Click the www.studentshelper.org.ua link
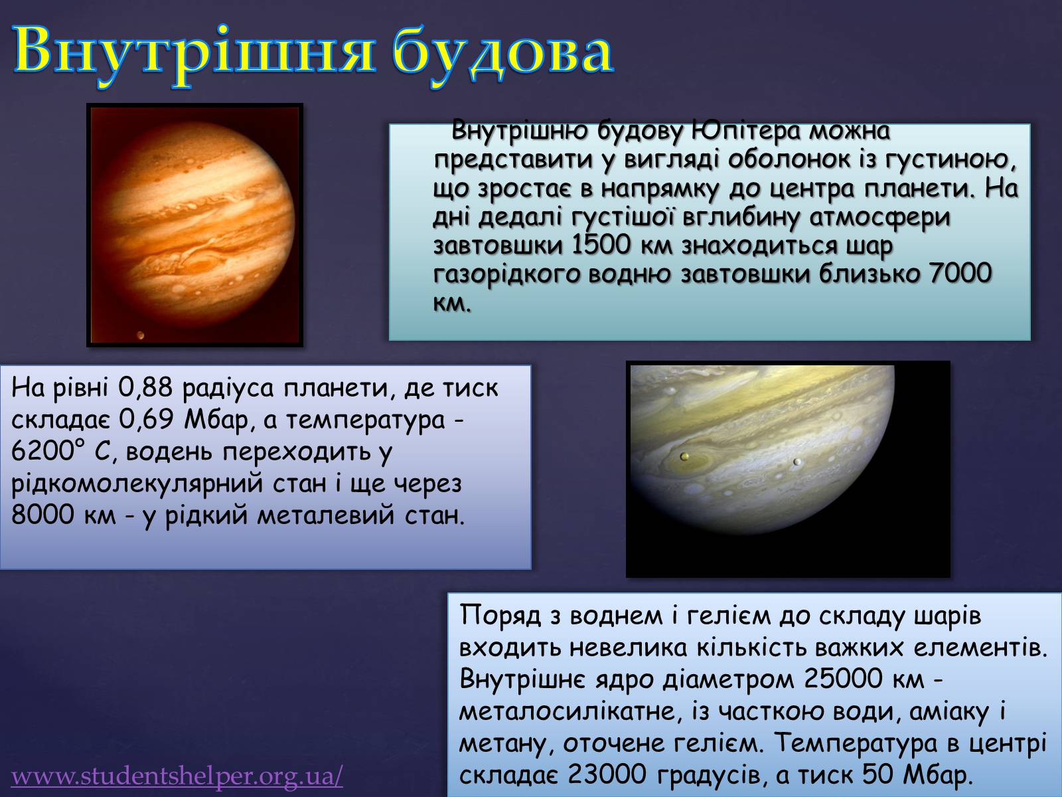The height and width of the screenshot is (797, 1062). pos(177,776)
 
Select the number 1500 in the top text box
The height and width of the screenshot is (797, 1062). pos(601,245)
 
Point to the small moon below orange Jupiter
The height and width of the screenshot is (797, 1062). pos(141,335)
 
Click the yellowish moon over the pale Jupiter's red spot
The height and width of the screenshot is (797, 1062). pos(684,456)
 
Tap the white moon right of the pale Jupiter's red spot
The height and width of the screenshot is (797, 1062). pos(796,462)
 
